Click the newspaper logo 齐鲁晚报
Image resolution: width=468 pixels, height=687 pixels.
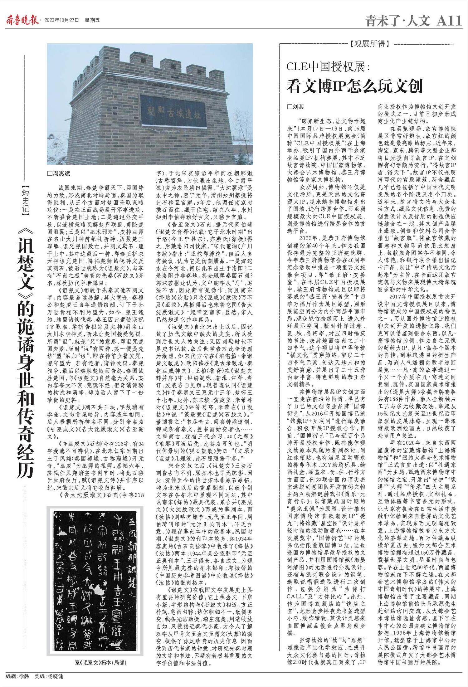click(x=23, y=21)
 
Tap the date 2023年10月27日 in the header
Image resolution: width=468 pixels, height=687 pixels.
click(x=61, y=21)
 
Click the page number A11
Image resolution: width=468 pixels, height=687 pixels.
click(x=449, y=21)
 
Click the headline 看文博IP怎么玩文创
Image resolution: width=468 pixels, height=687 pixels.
click(x=355, y=86)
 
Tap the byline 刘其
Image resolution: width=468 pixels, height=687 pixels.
click(x=298, y=107)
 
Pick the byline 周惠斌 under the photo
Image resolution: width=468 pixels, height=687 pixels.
click(x=61, y=174)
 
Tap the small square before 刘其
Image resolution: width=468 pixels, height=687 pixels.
click(x=289, y=107)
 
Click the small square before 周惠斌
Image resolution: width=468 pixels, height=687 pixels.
click(x=49, y=174)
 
